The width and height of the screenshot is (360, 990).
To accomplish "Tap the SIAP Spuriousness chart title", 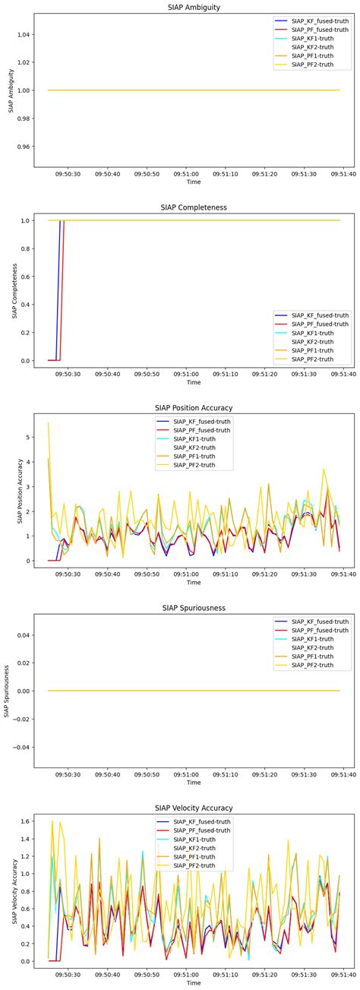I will tap(194, 608).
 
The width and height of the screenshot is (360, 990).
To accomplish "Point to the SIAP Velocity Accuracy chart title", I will tap(194, 807).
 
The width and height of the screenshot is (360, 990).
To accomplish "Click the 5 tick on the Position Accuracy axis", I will tap(29, 438).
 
